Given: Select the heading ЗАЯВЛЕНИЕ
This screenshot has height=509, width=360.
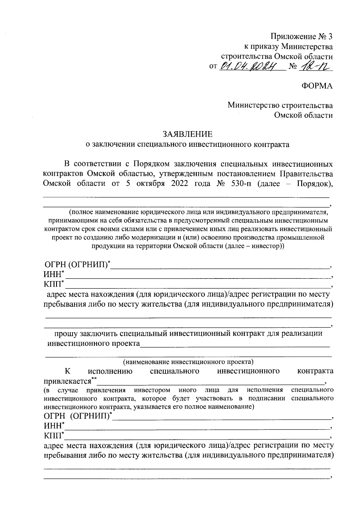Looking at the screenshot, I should point(187,134).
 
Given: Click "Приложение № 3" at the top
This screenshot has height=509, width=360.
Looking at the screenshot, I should point(302,37).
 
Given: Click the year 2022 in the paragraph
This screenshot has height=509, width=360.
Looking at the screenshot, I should point(180,184).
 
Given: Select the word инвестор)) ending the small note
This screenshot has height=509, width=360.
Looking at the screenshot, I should point(267,246).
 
